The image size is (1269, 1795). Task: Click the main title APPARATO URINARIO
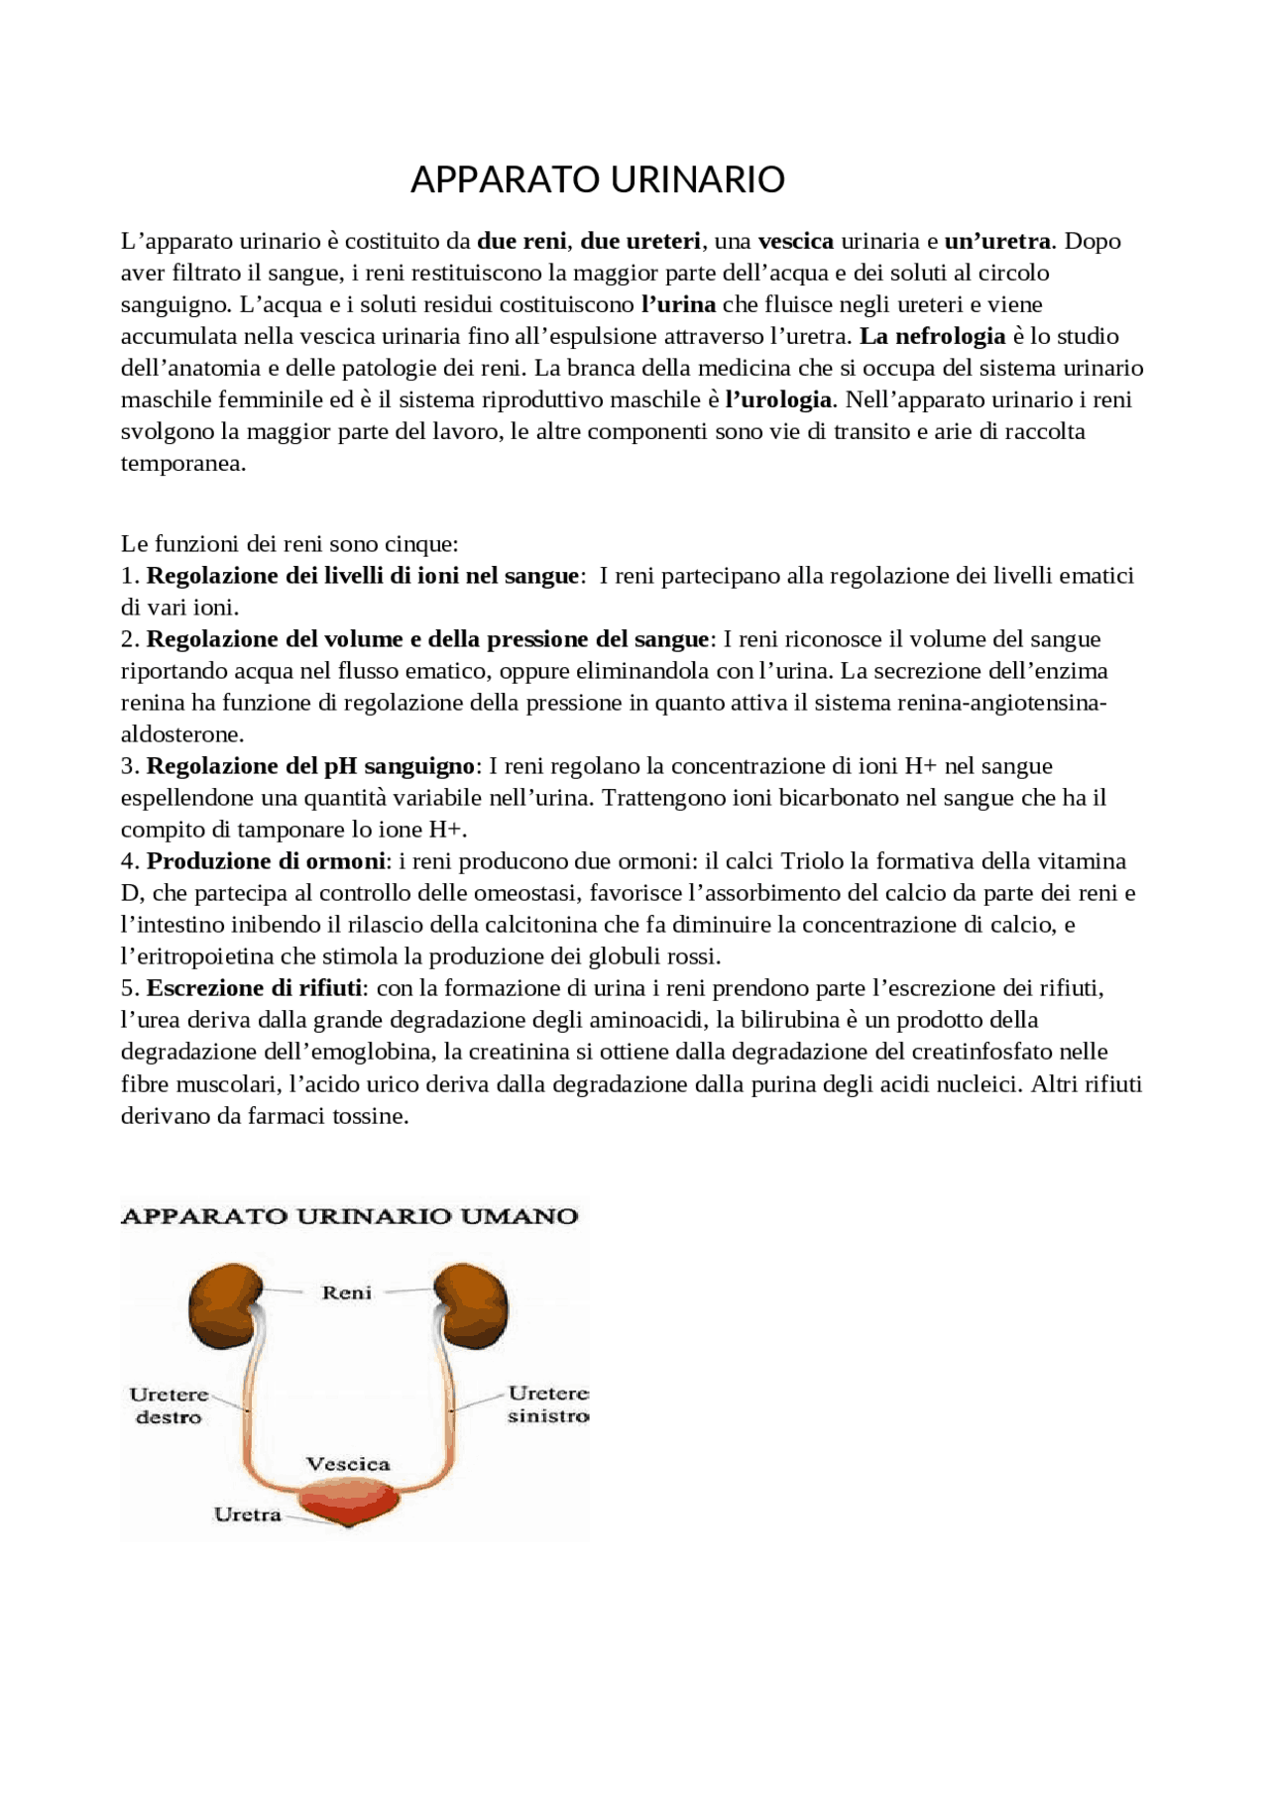click(597, 179)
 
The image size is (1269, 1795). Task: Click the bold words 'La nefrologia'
click(932, 336)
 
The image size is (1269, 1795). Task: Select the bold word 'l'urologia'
click(778, 399)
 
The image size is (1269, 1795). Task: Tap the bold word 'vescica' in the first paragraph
click(795, 241)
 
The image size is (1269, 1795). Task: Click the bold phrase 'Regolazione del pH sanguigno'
click(310, 766)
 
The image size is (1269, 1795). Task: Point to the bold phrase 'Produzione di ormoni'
click(266, 861)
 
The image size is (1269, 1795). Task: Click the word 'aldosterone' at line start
click(179, 734)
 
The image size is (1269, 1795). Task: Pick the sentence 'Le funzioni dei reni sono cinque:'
click(289, 543)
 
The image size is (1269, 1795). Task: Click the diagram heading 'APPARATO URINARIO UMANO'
click(349, 1216)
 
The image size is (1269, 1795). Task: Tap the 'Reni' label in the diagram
click(347, 1292)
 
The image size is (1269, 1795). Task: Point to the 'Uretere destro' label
click(169, 1405)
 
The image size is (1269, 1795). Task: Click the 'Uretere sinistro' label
click(547, 1405)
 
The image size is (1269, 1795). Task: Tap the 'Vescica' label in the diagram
click(347, 1464)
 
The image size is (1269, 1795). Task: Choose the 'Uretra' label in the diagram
click(247, 1515)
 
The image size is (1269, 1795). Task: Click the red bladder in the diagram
click(349, 1503)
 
